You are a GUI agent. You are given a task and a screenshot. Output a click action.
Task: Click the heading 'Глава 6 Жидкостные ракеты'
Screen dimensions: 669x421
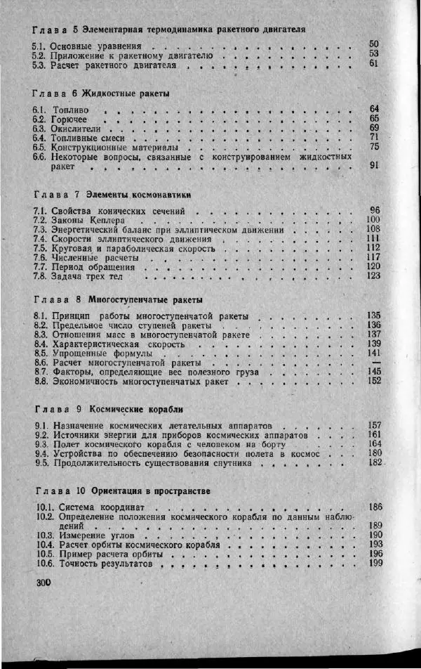[102, 93]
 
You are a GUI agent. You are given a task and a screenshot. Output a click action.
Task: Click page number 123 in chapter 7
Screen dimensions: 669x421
[373, 275]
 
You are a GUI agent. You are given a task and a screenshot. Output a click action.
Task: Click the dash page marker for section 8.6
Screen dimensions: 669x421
[375, 362]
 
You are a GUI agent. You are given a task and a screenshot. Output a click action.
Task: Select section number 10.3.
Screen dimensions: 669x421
[44, 535]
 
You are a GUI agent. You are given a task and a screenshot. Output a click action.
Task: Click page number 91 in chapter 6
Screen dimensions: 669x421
[373, 166]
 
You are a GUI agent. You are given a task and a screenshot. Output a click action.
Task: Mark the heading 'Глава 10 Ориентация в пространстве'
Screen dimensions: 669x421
[121, 490]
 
